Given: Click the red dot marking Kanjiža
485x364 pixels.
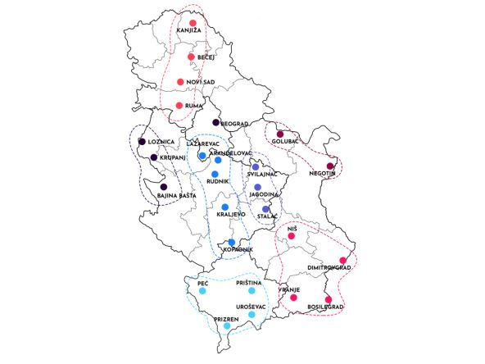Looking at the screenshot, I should click(x=193, y=23).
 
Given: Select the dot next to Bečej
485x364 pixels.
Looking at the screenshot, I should click(x=191, y=57).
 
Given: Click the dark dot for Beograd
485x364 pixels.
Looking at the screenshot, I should click(x=215, y=123).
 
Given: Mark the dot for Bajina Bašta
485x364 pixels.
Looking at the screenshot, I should click(x=164, y=187).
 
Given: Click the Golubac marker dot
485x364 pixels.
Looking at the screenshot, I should click(x=279, y=134).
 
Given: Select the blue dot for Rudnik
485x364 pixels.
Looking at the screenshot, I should click(x=215, y=174).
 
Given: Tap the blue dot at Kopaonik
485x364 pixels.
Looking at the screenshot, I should click(x=232, y=242).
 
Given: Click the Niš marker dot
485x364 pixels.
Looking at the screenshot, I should click(x=291, y=237).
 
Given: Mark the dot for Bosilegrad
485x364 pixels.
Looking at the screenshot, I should click(x=328, y=299).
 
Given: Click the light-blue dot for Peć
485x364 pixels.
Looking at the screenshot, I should click(x=202, y=290).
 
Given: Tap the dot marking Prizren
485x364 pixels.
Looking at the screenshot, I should click(x=227, y=326).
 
